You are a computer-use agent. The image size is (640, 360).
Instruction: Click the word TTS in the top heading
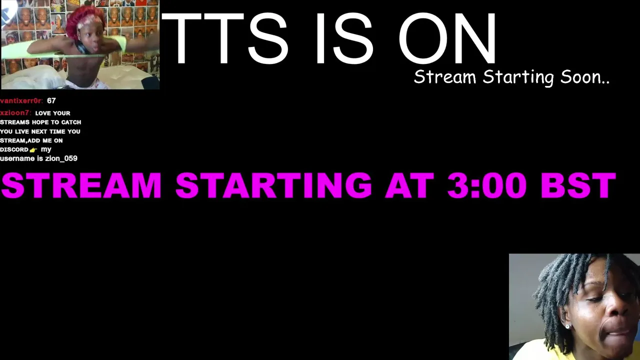coord(225,38)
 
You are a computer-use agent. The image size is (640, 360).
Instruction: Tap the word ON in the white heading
coord(447,38)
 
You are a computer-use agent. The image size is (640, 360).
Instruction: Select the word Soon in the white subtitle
coord(585,77)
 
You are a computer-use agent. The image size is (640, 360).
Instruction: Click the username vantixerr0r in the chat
coord(21,101)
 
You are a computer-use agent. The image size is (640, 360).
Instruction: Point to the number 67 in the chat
coord(51,101)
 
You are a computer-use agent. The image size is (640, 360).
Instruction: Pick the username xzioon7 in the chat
coord(15,113)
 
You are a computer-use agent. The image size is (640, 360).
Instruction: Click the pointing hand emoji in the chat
coord(33,149)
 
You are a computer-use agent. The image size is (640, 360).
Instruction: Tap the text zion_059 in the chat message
coord(61,158)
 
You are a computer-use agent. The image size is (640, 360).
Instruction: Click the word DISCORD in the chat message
coord(14,149)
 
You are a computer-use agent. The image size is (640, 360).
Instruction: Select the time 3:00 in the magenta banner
coord(487,185)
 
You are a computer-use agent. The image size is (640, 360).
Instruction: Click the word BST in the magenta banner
coord(578,185)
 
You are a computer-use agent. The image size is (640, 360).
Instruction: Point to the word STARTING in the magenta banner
coord(273,185)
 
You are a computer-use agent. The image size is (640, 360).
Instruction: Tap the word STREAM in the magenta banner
coord(81,185)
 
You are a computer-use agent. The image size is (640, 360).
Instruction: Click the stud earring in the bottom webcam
coord(568,326)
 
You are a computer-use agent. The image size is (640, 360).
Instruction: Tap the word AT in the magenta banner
coord(409,185)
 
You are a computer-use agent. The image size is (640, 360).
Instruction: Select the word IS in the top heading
coord(344,38)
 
